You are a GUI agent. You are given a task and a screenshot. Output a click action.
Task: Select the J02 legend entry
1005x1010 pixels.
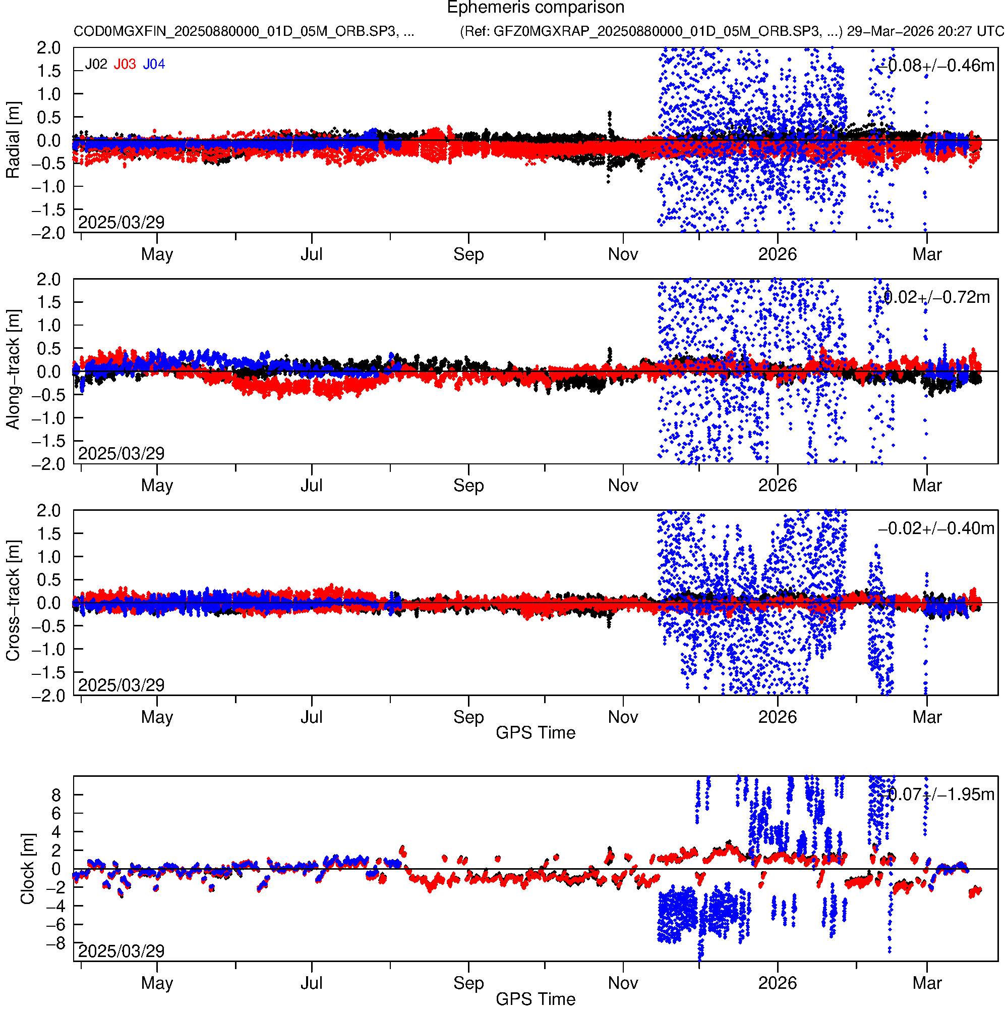[96, 64]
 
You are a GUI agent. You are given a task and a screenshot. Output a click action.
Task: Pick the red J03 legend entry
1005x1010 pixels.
[125, 64]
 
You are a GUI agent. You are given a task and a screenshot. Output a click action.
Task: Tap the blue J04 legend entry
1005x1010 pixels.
[154, 64]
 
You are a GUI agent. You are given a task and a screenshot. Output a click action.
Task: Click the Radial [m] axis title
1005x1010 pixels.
[13, 140]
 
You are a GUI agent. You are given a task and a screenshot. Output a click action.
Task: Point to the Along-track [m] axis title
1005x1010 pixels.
[13, 369]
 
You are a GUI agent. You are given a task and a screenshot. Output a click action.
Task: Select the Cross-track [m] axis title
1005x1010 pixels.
[13, 601]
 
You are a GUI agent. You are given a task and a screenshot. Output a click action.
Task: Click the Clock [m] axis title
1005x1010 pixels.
[27, 869]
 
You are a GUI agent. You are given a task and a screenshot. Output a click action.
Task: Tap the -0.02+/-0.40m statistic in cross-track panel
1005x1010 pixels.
[936, 528]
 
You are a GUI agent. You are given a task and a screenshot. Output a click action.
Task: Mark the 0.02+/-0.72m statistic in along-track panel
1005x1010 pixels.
[936, 297]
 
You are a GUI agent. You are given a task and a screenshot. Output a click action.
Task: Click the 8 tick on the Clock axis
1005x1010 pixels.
[56, 795]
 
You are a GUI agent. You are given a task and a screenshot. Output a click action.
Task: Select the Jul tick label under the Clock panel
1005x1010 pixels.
[311, 983]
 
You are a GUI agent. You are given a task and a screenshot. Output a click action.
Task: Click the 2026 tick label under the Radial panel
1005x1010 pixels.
[777, 254]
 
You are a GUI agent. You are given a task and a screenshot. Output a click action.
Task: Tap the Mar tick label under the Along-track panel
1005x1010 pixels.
[927, 486]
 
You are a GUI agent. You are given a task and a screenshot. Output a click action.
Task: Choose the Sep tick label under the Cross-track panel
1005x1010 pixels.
[468, 717]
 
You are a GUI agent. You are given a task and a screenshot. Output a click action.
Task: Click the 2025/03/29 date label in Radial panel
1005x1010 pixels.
[121, 222]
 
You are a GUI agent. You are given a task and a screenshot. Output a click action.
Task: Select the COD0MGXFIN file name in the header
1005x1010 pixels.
[244, 31]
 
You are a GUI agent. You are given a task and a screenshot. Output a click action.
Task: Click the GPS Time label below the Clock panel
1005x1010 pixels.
[536, 999]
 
